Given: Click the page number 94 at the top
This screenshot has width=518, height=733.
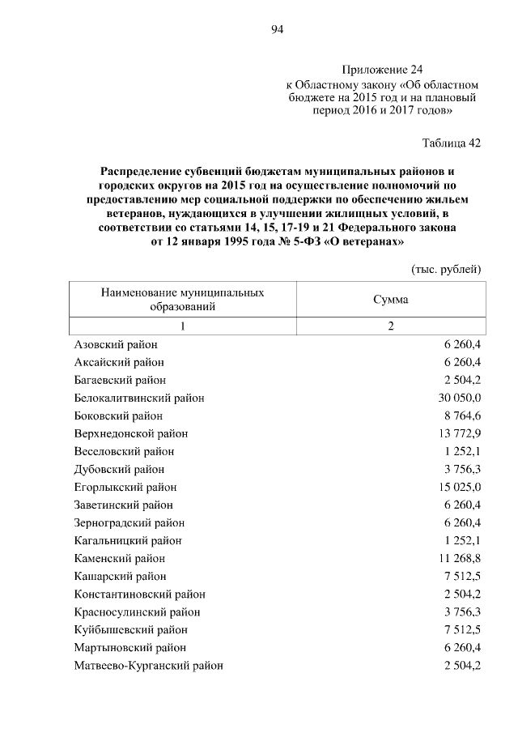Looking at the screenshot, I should (278, 30).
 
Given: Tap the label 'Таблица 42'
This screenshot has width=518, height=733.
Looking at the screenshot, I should (452, 143).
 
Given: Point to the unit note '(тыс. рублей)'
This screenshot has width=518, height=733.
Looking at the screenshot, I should (447, 269).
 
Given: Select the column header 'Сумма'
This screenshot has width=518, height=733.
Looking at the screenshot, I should (390, 300).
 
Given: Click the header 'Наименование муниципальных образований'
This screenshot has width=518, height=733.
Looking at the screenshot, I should (182, 300).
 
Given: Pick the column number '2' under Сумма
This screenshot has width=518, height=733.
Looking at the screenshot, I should (390, 326).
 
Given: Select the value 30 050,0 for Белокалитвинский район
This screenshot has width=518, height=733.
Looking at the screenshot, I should (460, 398).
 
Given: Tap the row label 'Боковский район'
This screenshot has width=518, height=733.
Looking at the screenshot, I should (117, 416).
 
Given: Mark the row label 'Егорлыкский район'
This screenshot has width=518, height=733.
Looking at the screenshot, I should (125, 487).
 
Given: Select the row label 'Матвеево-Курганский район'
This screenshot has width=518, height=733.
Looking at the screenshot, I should (148, 665).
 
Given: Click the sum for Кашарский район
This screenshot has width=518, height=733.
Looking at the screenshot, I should (462, 576).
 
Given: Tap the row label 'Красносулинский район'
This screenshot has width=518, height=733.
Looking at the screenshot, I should (137, 612).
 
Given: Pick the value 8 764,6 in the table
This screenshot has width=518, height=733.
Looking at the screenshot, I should (462, 416).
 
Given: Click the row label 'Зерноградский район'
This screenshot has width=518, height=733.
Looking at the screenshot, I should (129, 522).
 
